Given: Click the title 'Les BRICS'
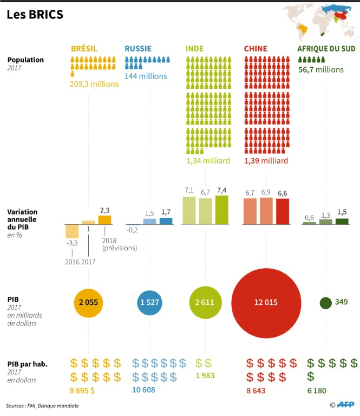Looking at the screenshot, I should (x=35, y=15).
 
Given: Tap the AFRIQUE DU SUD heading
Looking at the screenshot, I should (x=326, y=49).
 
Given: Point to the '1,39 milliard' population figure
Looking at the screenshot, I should (x=266, y=161).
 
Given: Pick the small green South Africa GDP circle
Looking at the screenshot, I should (x=325, y=303).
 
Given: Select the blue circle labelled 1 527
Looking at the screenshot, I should (x=149, y=302).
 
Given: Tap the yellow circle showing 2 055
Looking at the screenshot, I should (x=88, y=302).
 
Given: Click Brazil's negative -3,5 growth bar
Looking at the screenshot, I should (x=72, y=231).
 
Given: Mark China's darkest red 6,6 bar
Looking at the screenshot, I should (x=283, y=211).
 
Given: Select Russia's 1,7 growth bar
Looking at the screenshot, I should (x=166, y=221).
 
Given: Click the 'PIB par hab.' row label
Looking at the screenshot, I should (x=27, y=364).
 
